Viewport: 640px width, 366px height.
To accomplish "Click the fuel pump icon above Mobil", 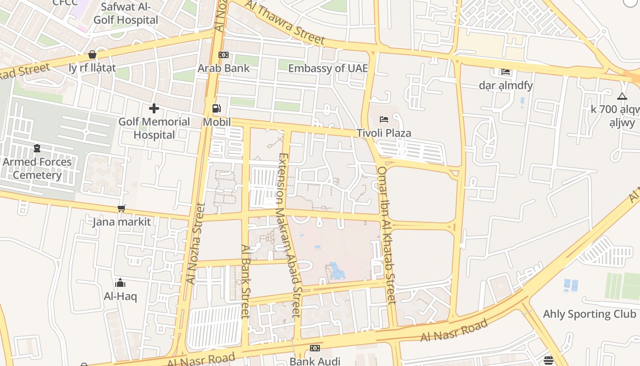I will pyautogui.click(x=217, y=109).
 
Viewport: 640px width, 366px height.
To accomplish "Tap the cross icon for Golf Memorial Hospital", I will pyautogui.click(x=154, y=108).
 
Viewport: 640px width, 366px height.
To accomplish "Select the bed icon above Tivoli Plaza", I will pyautogui.click(x=384, y=120).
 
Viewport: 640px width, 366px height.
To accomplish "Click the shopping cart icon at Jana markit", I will pyautogui.click(x=121, y=209).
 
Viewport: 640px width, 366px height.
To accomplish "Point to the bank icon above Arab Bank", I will pyautogui.click(x=224, y=55).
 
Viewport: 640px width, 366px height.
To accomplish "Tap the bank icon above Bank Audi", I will pyautogui.click(x=315, y=348).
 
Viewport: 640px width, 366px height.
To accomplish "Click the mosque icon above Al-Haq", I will pyautogui.click(x=120, y=283).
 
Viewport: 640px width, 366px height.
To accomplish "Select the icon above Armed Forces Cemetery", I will pyautogui.click(x=37, y=148).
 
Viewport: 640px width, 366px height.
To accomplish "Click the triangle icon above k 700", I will pyautogui.click(x=622, y=97).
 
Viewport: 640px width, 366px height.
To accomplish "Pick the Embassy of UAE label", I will pyautogui.click(x=328, y=68).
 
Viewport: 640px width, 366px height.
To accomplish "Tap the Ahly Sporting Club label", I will pyautogui.click(x=589, y=314).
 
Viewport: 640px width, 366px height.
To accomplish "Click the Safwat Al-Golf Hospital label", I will pyautogui.click(x=126, y=14).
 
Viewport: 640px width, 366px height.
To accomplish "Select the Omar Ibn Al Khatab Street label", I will pyautogui.click(x=386, y=235).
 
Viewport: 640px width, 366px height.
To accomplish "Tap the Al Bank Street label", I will pyautogui.click(x=245, y=281).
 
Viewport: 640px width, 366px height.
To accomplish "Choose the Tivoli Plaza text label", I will pyautogui.click(x=384, y=133).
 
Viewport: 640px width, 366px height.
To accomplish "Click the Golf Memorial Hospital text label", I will pyautogui.click(x=154, y=128).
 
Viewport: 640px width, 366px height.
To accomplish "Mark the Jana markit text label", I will pyautogui.click(x=121, y=222).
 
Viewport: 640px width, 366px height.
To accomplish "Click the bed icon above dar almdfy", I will pyautogui.click(x=506, y=72).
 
